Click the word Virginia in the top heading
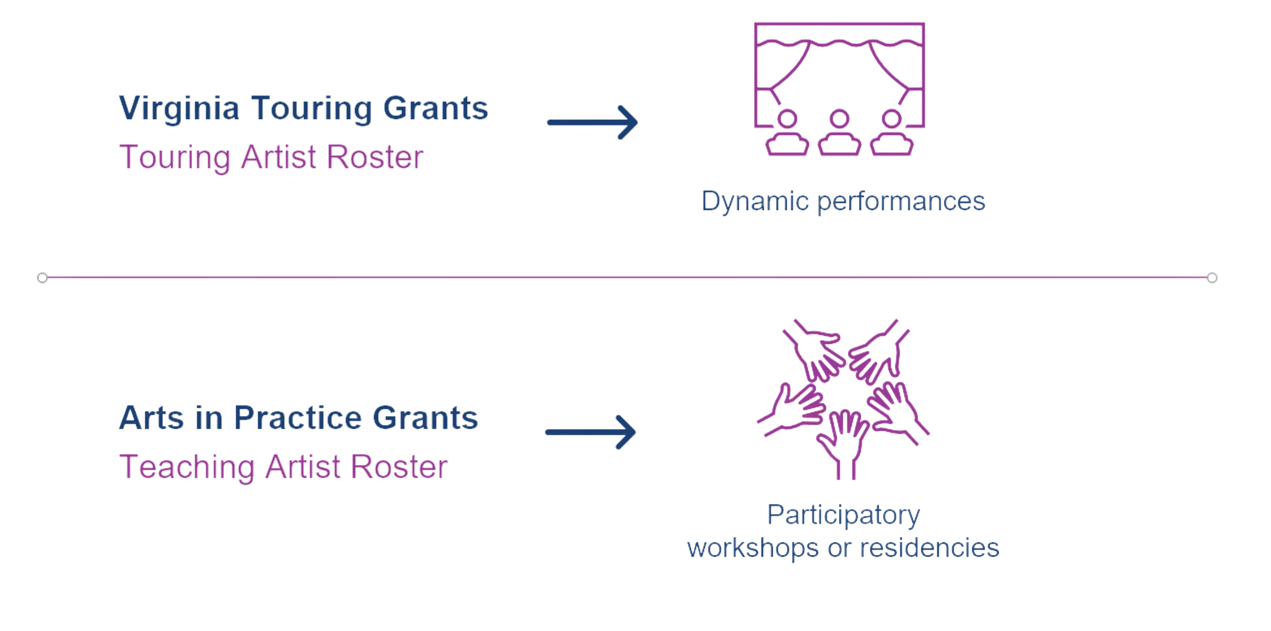179,108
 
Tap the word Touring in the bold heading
311,108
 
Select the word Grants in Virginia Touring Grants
435,108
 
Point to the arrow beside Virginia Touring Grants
593,122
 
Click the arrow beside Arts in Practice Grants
590,432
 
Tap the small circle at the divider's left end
42,277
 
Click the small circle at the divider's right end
1212,277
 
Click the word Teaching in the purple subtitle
186,467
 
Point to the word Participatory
843,515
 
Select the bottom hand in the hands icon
845,443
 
